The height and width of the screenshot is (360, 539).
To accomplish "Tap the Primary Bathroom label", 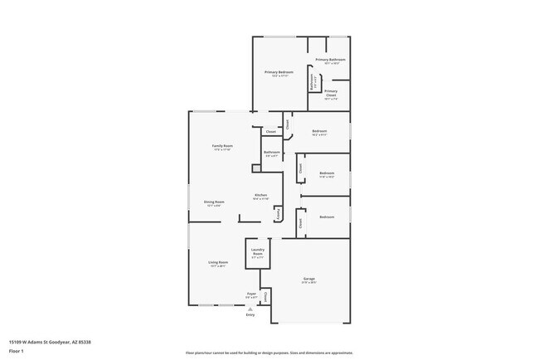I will pyautogui.click(x=330, y=60).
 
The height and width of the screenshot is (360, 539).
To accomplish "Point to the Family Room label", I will pyautogui.click(x=222, y=146).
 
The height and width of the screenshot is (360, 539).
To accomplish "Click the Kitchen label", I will pyautogui.click(x=260, y=195).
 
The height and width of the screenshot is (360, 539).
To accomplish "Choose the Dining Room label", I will pyautogui.click(x=214, y=202).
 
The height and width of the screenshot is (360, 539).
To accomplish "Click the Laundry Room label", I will pyautogui.click(x=257, y=253).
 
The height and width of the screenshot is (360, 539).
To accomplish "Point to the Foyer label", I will pyautogui.click(x=250, y=294).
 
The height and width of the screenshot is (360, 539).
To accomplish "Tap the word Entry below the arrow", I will pyautogui.click(x=250, y=315).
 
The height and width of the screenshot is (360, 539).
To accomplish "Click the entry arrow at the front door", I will pyautogui.click(x=250, y=309).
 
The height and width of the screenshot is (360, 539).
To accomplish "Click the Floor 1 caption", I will pyautogui.click(x=16, y=351).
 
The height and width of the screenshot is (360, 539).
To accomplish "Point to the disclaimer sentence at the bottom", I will pyautogui.click(x=269, y=353).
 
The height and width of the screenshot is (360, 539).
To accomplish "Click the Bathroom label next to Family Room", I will pyautogui.click(x=271, y=152).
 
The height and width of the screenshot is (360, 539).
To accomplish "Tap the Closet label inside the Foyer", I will pyautogui.click(x=266, y=295).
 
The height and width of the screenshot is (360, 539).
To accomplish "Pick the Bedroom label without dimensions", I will pyautogui.click(x=327, y=216).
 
